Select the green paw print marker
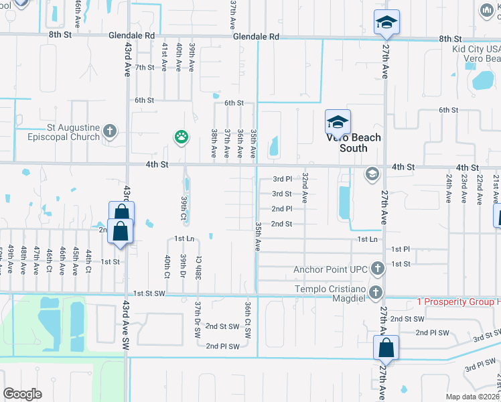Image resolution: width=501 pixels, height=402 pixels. tap(182, 138)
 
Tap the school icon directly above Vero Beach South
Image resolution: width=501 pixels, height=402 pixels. tap(338, 121)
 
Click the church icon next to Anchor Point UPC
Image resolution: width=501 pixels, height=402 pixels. tap(377, 269)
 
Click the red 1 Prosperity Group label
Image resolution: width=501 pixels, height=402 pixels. tap(457, 302)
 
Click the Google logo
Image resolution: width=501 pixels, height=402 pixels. tap(23, 393)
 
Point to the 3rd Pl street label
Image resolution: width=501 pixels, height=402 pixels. tap(282, 179)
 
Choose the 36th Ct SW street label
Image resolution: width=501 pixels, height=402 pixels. tap(248, 319)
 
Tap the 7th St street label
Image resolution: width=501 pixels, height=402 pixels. tap(144, 67)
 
